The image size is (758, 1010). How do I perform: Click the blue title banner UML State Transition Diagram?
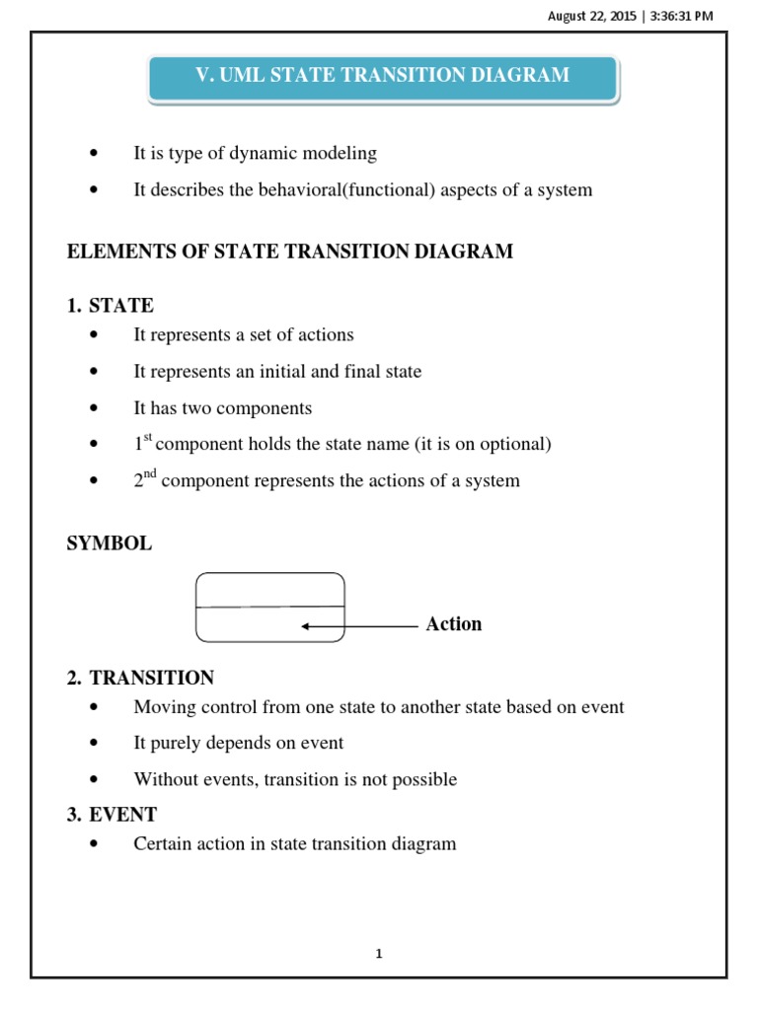point(383,76)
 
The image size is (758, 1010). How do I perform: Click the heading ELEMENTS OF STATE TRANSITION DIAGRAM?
point(289,252)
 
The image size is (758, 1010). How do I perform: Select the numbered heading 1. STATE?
point(111,305)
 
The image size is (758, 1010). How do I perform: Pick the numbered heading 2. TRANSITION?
point(140,678)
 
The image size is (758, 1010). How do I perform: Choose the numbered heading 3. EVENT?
point(112,815)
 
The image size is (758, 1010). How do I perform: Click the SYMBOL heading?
point(109,543)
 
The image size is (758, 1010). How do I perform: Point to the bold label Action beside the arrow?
point(453,624)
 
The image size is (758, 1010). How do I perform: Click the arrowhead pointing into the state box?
point(307,626)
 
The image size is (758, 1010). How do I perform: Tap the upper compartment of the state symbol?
point(270,590)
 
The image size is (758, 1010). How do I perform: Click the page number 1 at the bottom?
point(379,954)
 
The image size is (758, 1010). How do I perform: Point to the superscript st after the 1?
point(148,438)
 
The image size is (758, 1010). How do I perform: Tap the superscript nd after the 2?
point(150,474)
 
